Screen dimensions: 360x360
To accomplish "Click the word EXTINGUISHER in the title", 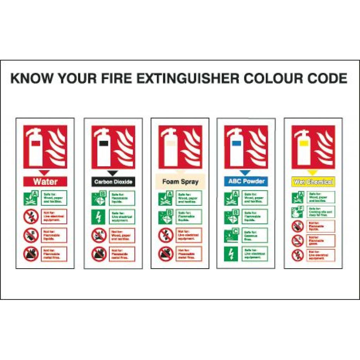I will pyautogui.click(x=188, y=78).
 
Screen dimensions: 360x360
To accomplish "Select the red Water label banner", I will pyautogui.click(x=45, y=181).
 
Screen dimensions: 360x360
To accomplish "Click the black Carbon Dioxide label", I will pyautogui.click(x=113, y=182).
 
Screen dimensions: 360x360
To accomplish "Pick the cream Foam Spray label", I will pyautogui.click(x=180, y=182).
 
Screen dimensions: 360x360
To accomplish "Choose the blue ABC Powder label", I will pyautogui.click(x=246, y=181).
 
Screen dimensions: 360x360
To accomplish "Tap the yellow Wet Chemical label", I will pyautogui.click(x=313, y=182).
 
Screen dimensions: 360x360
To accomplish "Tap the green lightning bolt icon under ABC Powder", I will pyautogui.click(x=231, y=254).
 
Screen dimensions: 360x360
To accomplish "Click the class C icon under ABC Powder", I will pyautogui.click(x=231, y=235).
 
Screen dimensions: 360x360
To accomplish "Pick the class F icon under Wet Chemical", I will pyautogui.click(x=297, y=212).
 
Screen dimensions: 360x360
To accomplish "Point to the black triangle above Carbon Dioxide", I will pyautogui.click(x=112, y=173).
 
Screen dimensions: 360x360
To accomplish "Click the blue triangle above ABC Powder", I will pyautogui.click(x=245, y=173).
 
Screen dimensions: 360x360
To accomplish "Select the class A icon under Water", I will pyautogui.click(x=31, y=198).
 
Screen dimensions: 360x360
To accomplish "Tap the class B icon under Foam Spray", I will pyautogui.click(x=165, y=217).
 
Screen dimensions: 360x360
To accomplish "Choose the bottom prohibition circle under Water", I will pyautogui.click(x=31, y=254).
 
